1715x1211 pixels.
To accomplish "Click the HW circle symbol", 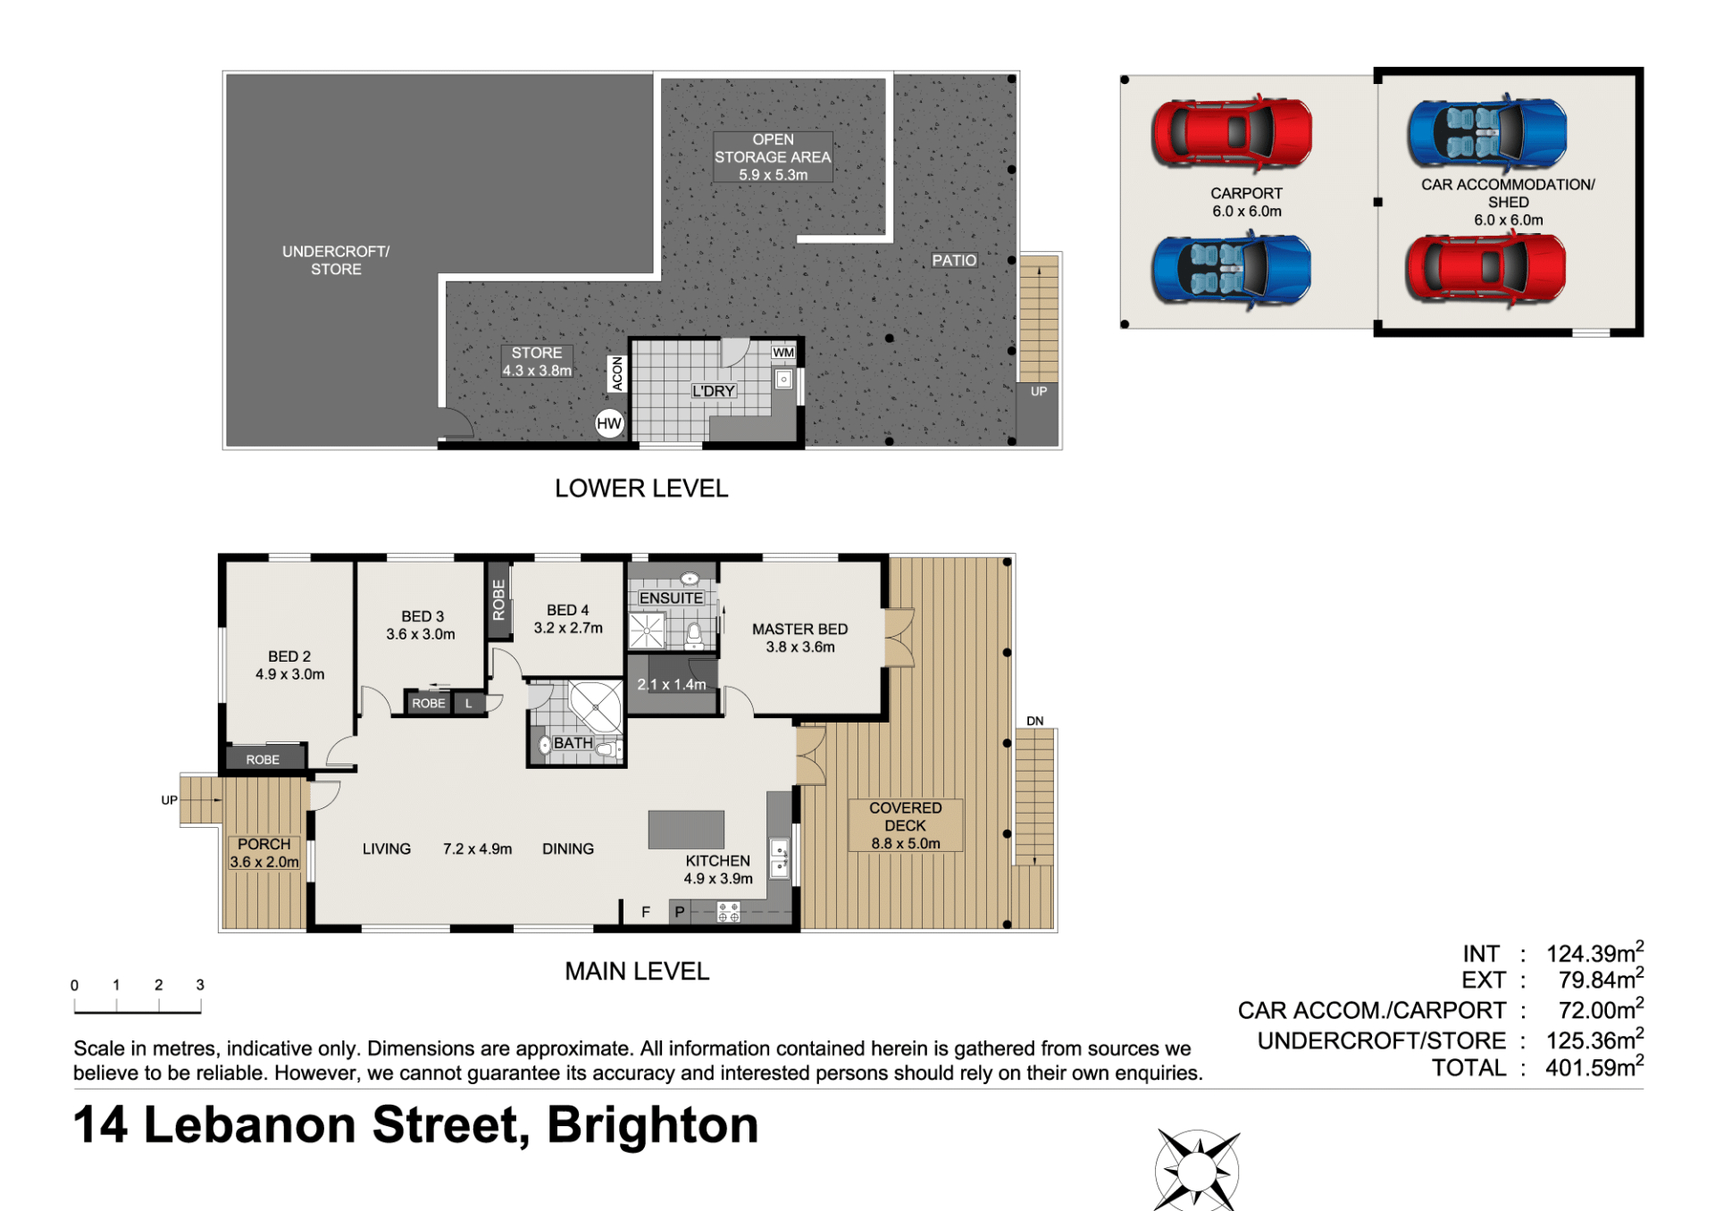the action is pyautogui.click(x=609, y=423).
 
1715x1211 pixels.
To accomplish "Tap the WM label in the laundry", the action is pyautogui.click(x=783, y=352).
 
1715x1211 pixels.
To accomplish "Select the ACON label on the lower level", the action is pyautogui.click(x=616, y=373).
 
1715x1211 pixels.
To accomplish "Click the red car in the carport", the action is pyautogui.click(x=1232, y=132).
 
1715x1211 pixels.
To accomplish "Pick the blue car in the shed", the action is pyautogui.click(x=1487, y=133).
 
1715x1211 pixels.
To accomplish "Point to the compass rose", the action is pyautogui.click(x=1197, y=1169).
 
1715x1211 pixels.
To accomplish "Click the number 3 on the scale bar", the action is pyautogui.click(x=200, y=984).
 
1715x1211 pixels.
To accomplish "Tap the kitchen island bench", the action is pyautogui.click(x=686, y=829).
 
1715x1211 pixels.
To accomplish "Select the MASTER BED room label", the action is pyautogui.click(x=799, y=629).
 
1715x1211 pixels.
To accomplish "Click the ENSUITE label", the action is pyautogui.click(x=671, y=597).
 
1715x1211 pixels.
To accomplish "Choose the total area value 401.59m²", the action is pyautogui.click(x=1594, y=1066).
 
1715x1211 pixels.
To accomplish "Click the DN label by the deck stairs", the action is pyautogui.click(x=1034, y=721).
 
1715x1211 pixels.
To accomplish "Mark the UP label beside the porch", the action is pyautogui.click(x=169, y=800).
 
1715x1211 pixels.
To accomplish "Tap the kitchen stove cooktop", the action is pyautogui.click(x=729, y=912).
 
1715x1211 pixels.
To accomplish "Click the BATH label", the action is pyautogui.click(x=573, y=743).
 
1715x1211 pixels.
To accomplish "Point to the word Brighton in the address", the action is pyautogui.click(x=652, y=1124).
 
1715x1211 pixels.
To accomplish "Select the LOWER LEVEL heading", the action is pyautogui.click(x=641, y=489).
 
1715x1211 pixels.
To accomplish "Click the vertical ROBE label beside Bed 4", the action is pyautogui.click(x=498, y=599).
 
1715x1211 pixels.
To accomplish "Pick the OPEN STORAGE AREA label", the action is pyautogui.click(x=773, y=148).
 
